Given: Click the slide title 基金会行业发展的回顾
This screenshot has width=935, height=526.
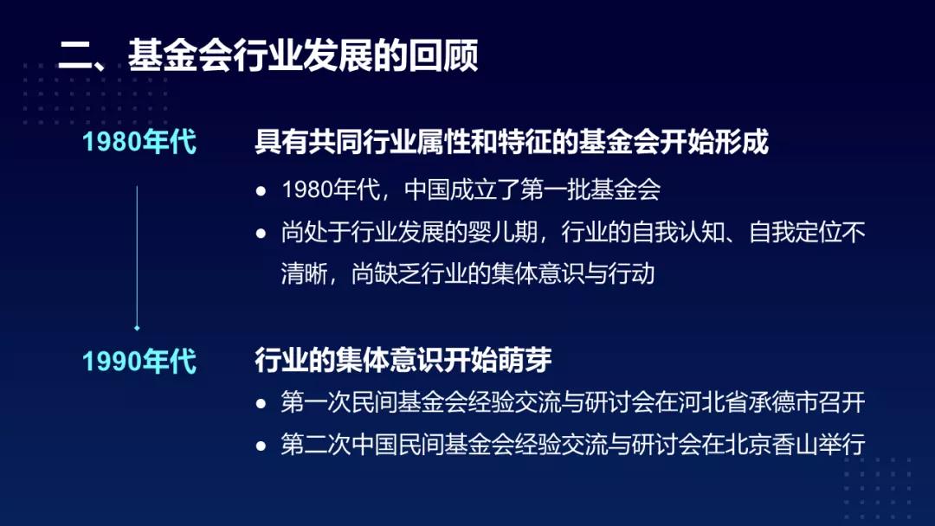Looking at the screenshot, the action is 303,56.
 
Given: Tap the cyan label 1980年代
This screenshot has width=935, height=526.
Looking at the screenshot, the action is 139,142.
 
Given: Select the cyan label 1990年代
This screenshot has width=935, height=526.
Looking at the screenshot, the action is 139,361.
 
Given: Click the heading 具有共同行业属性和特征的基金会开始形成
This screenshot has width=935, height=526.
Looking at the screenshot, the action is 512,142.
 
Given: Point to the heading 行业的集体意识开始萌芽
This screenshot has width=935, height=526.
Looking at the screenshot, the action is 403,360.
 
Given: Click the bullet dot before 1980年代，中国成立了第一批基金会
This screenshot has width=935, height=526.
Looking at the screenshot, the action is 261,190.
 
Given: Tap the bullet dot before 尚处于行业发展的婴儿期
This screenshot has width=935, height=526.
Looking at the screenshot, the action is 261,233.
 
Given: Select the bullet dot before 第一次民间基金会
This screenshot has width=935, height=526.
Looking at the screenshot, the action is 261,403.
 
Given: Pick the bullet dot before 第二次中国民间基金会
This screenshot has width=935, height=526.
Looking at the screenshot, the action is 261,446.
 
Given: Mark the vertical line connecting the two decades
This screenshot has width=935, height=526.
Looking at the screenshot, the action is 137,256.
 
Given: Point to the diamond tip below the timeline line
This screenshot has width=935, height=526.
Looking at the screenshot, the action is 137,328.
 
